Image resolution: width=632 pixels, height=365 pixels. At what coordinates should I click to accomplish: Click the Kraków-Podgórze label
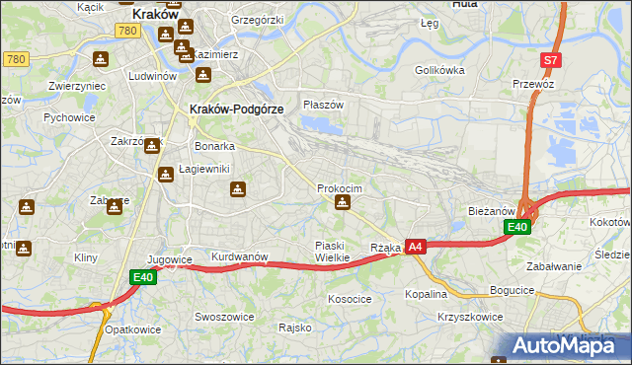point(236,109)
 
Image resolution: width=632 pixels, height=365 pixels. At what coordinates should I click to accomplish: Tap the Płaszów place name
point(323,105)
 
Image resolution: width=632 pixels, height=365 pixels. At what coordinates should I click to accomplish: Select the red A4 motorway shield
point(416,247)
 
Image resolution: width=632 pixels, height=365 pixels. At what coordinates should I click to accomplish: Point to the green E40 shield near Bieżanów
point(517,228)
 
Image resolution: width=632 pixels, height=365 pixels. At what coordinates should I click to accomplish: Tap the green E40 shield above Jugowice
point(144,278)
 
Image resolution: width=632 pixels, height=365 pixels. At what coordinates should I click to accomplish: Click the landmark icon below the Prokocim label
point(342,203)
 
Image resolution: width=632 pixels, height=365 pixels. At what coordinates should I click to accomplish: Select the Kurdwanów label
point(240,257)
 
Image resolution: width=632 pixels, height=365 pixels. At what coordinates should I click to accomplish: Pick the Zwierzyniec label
point(77,86)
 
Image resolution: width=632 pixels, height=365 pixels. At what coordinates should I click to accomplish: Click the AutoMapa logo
point(561,345)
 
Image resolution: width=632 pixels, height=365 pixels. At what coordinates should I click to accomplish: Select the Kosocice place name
point(350,298)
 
